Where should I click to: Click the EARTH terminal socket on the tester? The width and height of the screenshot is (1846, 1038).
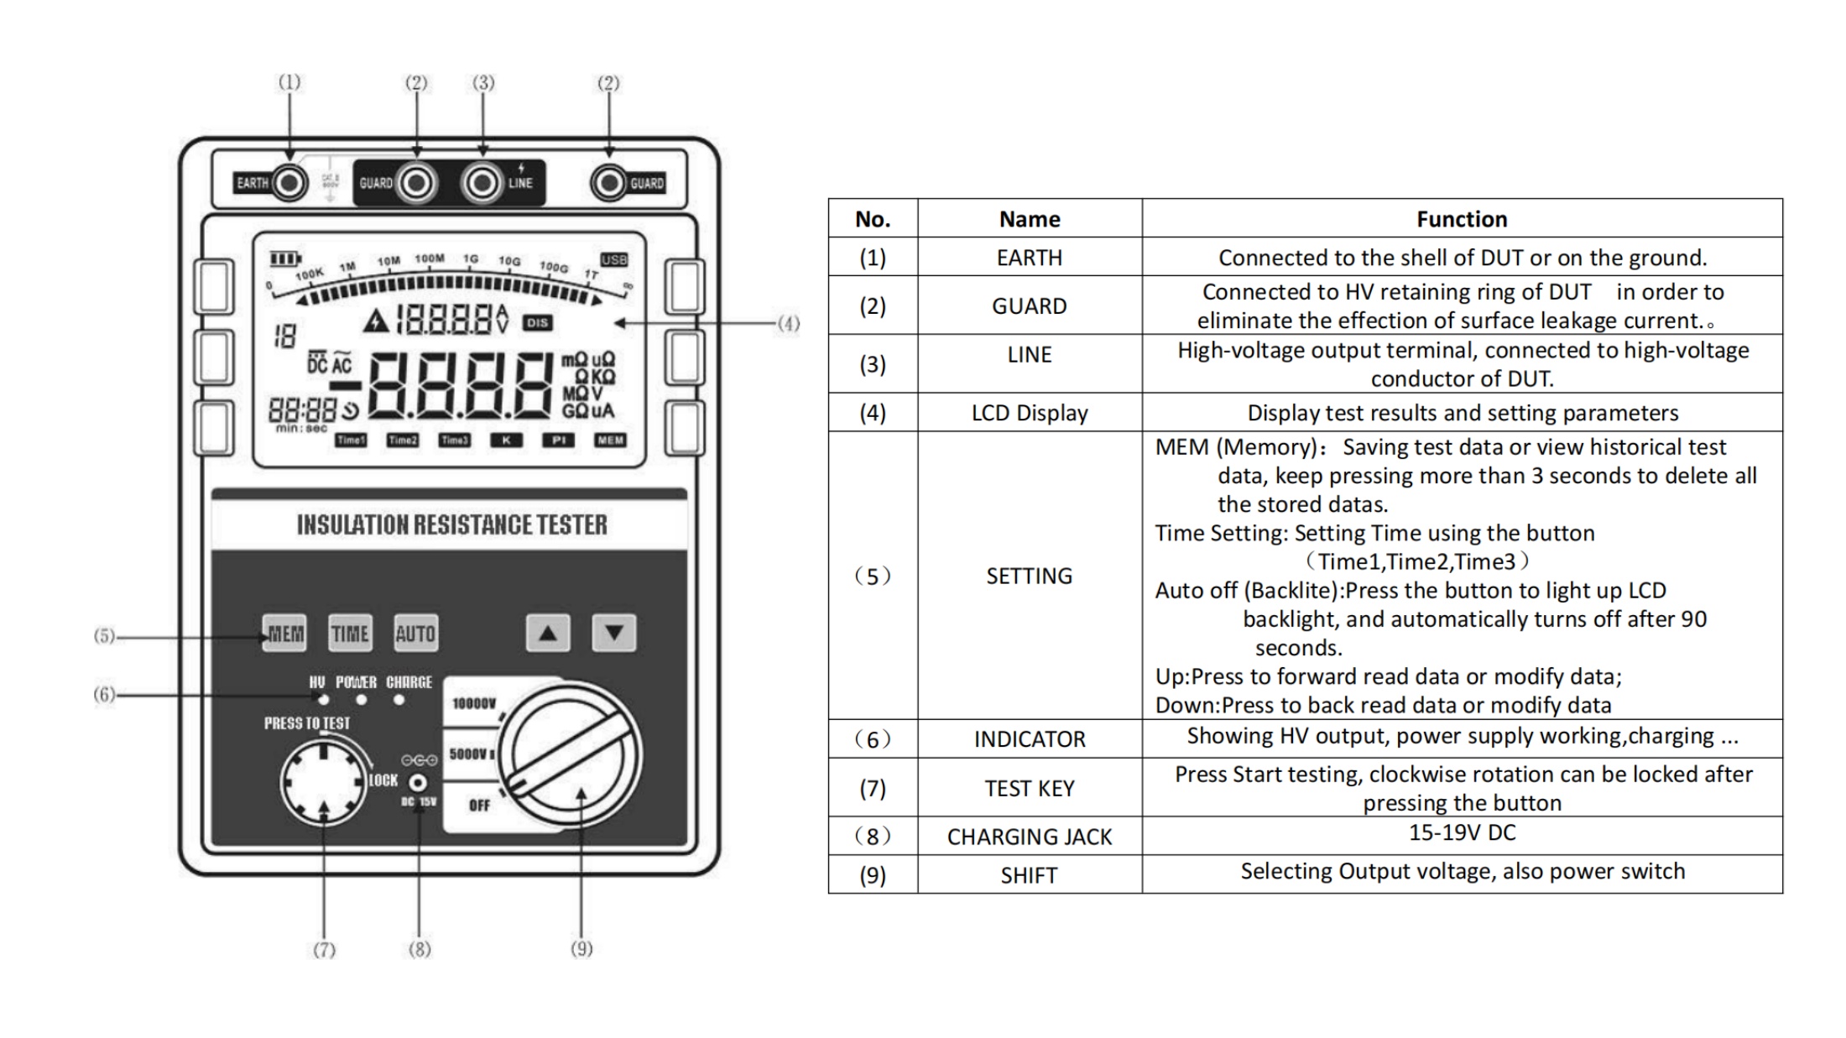(289, 183)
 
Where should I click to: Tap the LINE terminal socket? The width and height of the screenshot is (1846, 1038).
(482, 183)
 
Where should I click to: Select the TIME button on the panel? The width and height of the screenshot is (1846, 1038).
(350, 634)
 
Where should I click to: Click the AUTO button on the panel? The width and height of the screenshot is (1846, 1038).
(415, 634)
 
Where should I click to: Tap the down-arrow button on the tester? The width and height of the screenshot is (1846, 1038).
(614, 633)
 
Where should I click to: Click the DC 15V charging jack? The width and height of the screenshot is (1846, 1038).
(418, 783)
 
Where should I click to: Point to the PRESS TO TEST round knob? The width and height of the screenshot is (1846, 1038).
(324, 782)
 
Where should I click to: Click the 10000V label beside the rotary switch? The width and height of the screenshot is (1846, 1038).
(474, 703)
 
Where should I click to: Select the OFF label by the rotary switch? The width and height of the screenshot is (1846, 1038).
(479, 806)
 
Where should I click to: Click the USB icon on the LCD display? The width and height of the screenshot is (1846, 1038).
(613, 259)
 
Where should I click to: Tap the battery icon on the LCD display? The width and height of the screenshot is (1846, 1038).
(284, 258)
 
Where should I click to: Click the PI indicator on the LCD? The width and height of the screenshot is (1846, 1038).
(558, 440)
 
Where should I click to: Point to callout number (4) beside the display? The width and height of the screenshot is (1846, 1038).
(788, 323)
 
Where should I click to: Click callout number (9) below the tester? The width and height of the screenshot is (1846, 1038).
(581, 949)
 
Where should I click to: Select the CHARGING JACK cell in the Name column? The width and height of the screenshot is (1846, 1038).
(1029, 837)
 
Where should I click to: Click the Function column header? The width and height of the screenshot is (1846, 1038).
(1462, 219)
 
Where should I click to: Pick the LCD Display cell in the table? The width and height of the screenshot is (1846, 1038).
(1029, 413)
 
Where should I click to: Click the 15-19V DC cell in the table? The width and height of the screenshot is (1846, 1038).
(1462, 833)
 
